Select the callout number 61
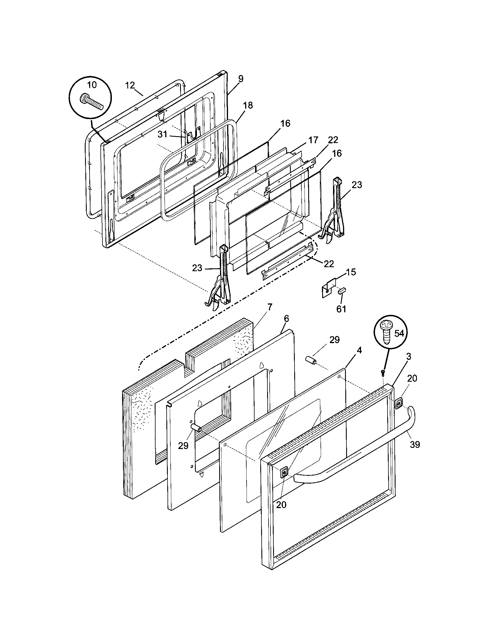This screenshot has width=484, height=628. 341,309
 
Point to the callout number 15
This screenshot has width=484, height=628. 351,272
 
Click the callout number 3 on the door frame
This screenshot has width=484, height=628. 408,357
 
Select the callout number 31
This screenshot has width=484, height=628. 162,134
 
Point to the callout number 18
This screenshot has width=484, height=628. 248,105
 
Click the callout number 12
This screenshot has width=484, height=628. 130,85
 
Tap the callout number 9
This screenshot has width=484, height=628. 241,78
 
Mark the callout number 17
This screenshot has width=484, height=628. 314,140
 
